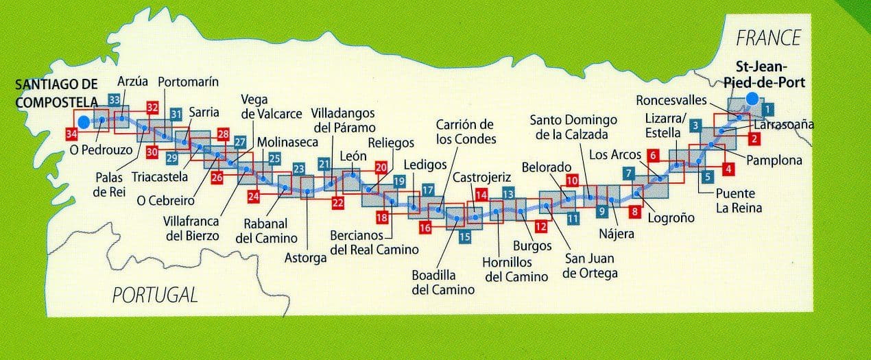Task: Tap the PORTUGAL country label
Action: click(x=155, y=296)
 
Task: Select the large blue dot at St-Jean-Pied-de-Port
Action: click(x=752, y=99)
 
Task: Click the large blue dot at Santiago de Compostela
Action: click(x=84, y=122)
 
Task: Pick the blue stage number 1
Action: click(x=768, y=108)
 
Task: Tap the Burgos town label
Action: click(x=532, y=245)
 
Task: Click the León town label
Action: click(x=354, y=156)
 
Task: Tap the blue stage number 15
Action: click(x=464, y=238)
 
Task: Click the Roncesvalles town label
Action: click(x=671, y=100)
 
